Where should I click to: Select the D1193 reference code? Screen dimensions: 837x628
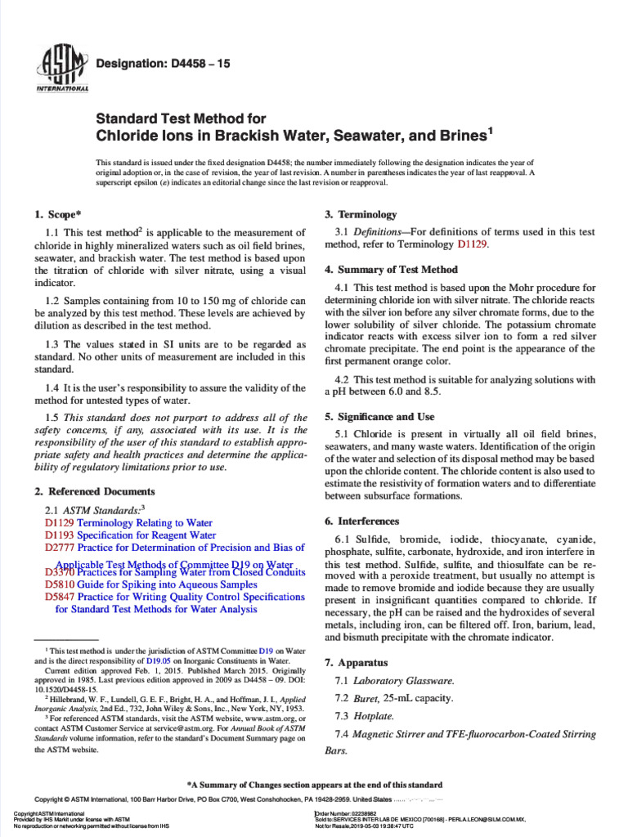pos(60,535)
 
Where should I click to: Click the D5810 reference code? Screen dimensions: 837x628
pos(60,584)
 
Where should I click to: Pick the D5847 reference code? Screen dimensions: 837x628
pos(60,598)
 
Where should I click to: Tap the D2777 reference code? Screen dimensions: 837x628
pos(60,548)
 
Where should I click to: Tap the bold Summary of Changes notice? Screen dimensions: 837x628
pos(315,782)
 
